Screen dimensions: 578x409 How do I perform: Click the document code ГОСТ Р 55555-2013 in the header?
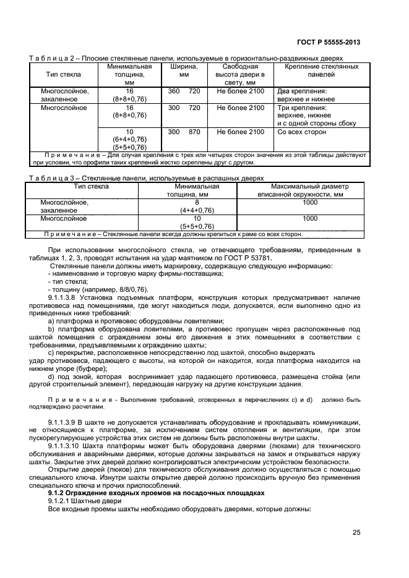tap(330, 42)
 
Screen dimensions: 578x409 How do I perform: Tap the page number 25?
tap(356, 532)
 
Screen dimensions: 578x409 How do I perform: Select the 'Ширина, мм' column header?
tap(184, 70)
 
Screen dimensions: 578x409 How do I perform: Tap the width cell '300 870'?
tap(184, 132)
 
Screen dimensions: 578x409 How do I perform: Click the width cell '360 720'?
tap(184, 91)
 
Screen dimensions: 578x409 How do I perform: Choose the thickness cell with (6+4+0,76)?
tap(129, 140)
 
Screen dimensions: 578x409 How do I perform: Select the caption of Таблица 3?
tap(142, 178)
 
